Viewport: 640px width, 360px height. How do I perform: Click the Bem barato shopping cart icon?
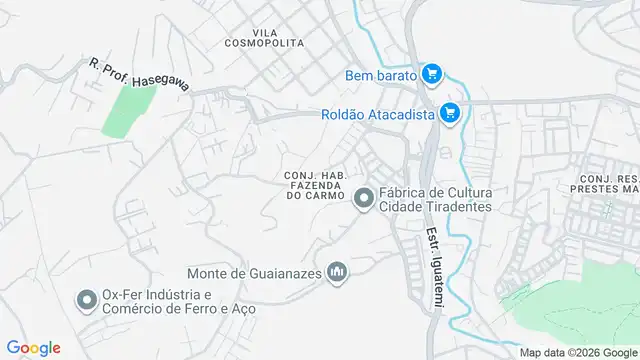pyautogui.click(x=432, y=74)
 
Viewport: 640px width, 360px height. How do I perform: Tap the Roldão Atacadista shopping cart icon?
pyautogui.click(x=450, y=114)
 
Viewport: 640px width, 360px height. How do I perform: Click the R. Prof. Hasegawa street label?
pyautogui.click(x=139, y=76)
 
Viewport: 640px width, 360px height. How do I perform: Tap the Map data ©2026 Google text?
pyautogui.click(x=577, y=352)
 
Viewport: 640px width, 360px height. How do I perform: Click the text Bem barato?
pyautogui.click(x=381, y=74)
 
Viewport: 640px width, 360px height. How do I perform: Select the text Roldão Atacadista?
pyautogui.click(x=377, y=114)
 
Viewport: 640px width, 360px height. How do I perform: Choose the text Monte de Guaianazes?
pyautogui.click(x=256, y=271)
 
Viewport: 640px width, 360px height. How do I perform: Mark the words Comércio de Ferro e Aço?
pyautogui.click(x=179, y=308)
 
